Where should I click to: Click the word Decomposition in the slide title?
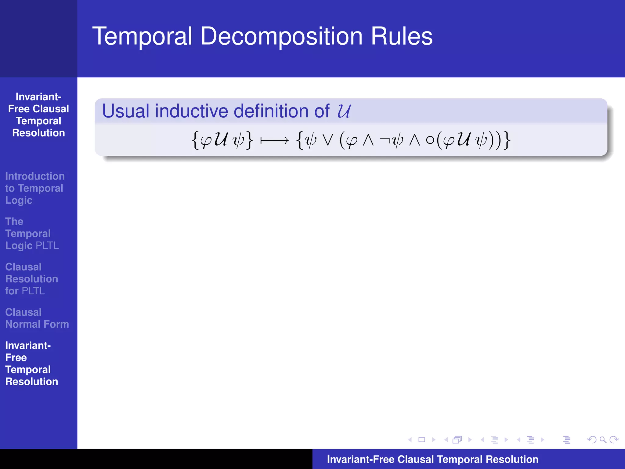point(281,37)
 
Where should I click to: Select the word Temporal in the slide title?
point(142,37)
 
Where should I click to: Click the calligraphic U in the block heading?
point(344,111)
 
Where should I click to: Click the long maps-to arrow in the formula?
point(274,140)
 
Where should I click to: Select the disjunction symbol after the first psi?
point(328,140)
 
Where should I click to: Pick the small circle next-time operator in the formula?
point(430,140)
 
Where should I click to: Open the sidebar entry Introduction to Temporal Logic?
point(34,188)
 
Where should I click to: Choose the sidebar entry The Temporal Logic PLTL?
point(32,234)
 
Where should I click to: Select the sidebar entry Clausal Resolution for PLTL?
point(31,279)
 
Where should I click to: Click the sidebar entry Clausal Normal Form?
point(37,318)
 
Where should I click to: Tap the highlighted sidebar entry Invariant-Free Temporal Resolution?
point(31,363)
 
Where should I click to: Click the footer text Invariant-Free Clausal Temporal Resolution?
point(432,459)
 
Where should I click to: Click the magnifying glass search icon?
point(603,440)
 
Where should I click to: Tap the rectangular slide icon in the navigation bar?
point(422,440)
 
